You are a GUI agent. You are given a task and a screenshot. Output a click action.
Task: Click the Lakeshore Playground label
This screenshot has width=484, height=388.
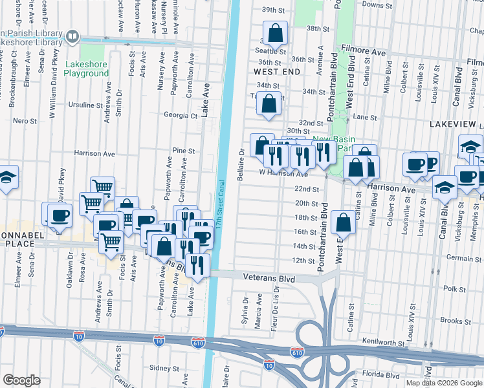(87, 69)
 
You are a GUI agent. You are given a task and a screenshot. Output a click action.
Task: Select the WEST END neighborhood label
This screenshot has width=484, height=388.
(276, 71)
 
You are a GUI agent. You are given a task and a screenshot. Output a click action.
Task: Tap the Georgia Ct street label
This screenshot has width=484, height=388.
(180, 116)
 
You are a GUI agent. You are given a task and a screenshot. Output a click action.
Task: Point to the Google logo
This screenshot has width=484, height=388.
(22, 380)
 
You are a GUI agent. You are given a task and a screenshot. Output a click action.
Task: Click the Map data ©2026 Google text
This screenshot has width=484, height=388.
(444, 383)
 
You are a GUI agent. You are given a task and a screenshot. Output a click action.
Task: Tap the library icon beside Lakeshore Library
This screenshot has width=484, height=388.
(72, 37)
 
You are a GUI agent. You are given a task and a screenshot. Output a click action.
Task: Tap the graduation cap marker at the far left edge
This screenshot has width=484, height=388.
(6, 178)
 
